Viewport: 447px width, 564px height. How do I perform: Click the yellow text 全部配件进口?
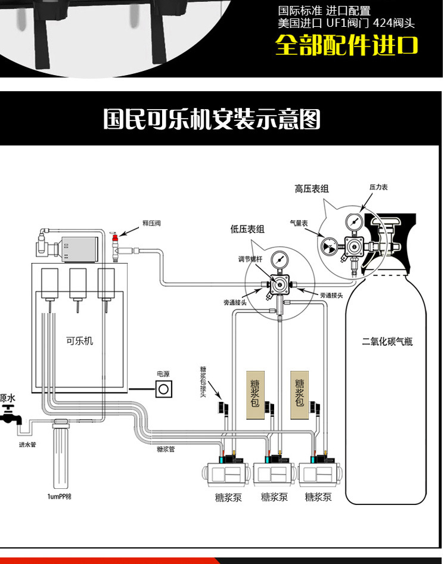pos(346,46)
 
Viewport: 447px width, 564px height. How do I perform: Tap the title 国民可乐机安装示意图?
pos(212,119)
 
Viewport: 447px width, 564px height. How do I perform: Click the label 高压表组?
pos(311,188)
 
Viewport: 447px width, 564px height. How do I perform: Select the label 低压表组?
pos(247,229)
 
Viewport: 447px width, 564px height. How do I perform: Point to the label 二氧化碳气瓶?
pos(387,342)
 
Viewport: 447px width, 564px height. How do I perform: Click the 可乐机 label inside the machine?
pos(79,341)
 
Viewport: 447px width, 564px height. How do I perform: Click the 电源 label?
pos(163,374)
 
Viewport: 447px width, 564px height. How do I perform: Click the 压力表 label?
pos(378,187)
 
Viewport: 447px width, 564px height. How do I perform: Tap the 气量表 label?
pos(298,223)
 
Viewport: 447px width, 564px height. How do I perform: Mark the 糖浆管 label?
pos(165,449)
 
